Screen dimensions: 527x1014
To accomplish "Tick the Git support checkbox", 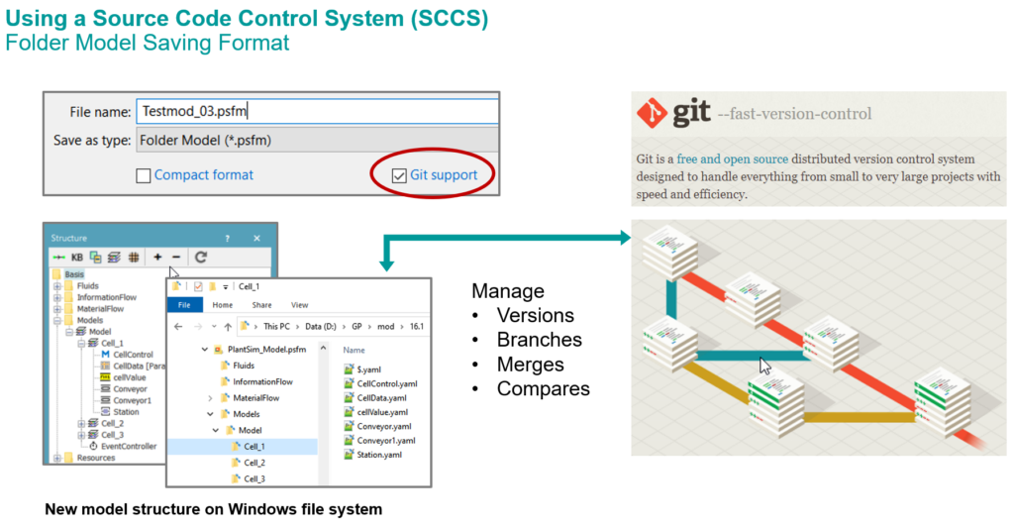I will tap(399, 175).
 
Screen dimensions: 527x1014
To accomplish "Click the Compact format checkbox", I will tap(144, 175).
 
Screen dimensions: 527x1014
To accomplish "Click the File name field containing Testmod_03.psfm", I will tap(316, 112).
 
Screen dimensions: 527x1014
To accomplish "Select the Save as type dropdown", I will tap(316, 140).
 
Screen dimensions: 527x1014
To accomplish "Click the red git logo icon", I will tap(652, 113).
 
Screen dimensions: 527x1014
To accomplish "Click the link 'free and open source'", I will tap(732, 158).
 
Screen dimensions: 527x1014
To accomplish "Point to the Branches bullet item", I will tap(539, 340).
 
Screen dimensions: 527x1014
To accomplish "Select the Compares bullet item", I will tap(543, 388).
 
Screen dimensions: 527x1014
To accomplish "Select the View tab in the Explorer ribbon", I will tap(299, 305).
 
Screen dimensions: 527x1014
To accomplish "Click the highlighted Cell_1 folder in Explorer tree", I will tap(253, 446).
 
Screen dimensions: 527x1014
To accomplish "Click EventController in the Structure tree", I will tap(128, 446).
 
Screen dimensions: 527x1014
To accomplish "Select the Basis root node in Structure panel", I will tap(74, 273).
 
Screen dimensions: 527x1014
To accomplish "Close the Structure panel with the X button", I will tap(257, 238).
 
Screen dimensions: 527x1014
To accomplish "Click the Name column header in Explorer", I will tap(355, 350).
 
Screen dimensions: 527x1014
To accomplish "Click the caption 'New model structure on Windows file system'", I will tap(213, 510).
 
